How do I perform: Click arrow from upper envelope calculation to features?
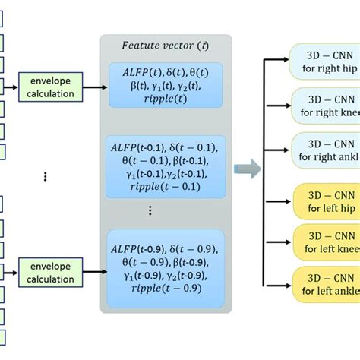[90, 87]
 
